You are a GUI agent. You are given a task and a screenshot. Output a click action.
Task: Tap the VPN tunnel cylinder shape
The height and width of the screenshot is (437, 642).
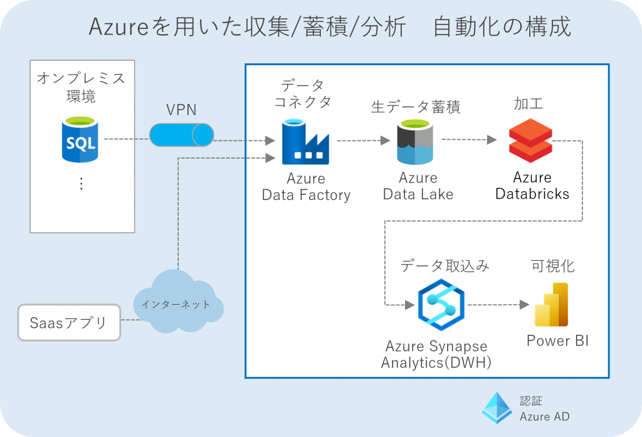[x=181, y=134]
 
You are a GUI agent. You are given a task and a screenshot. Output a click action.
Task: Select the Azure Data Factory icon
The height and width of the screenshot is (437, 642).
[x=305, y=142]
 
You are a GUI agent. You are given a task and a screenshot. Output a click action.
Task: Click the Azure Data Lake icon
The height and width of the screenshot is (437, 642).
[x=414, y=142]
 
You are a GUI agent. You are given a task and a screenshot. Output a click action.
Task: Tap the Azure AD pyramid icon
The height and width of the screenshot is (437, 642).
[x=497, y=408]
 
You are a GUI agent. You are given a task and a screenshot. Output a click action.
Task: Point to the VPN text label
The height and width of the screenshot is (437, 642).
[x=181, y=110]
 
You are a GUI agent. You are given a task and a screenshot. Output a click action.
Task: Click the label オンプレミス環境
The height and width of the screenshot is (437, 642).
[x=81, y=88]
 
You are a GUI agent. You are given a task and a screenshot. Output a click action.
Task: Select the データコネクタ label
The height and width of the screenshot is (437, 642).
[x=303, y=93]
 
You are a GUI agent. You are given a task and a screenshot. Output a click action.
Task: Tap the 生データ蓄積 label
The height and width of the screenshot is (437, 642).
[x=416, y=107]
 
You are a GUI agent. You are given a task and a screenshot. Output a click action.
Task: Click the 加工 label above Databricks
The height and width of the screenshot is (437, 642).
[x=529, y=103]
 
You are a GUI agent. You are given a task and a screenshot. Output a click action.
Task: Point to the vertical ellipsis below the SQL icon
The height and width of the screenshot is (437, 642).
[x=81, y=184]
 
